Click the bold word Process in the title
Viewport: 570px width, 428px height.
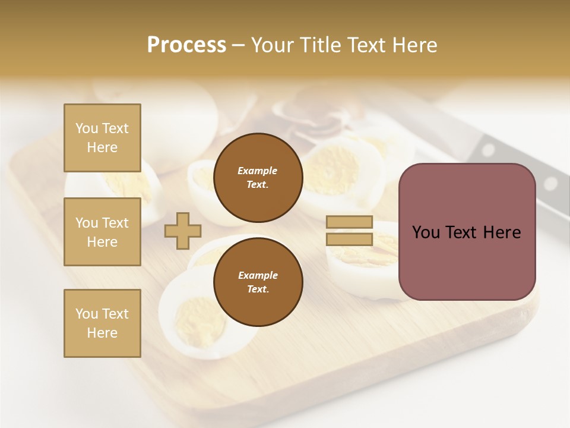tap(186, 45)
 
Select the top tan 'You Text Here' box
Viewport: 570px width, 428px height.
tap(102, 138)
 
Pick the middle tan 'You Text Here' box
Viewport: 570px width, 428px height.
tap(102, 232)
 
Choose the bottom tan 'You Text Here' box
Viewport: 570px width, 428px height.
tap(102, 323)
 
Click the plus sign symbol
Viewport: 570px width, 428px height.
tap(183, 231)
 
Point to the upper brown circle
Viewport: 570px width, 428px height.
tap(258, 178)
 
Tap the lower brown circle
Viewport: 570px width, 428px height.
tap(258, 282)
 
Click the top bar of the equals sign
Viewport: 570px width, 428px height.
tap(349, 222)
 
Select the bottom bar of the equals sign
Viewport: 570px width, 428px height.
tap(349, 240)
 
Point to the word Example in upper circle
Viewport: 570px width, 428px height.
tap(258, 171)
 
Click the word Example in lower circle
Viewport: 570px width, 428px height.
tap(258, 275)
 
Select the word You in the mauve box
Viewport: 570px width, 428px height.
tap(426, 232)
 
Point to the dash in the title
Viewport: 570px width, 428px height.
tap(239, 45)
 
